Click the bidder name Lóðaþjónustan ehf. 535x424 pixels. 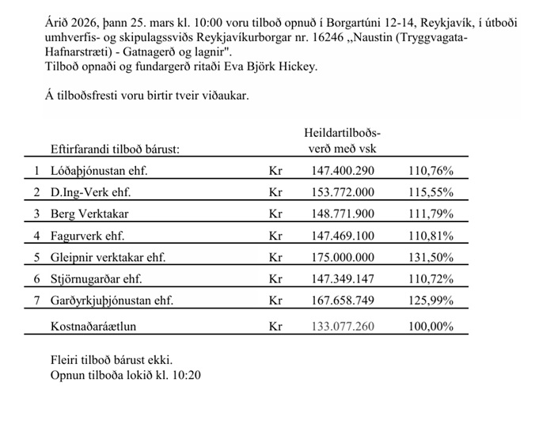[x=99, y=171]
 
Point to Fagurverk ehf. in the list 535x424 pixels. [x=87, y=236]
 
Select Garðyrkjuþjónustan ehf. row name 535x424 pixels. [x=112, y=301]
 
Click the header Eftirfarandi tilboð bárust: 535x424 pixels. [x=115, y=149]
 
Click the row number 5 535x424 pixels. [x=36, y=257]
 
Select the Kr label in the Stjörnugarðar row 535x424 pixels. [x=275, y=279]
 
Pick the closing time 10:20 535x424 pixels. [x=186, y=374]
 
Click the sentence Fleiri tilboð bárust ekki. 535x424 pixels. [x=112, y=360]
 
